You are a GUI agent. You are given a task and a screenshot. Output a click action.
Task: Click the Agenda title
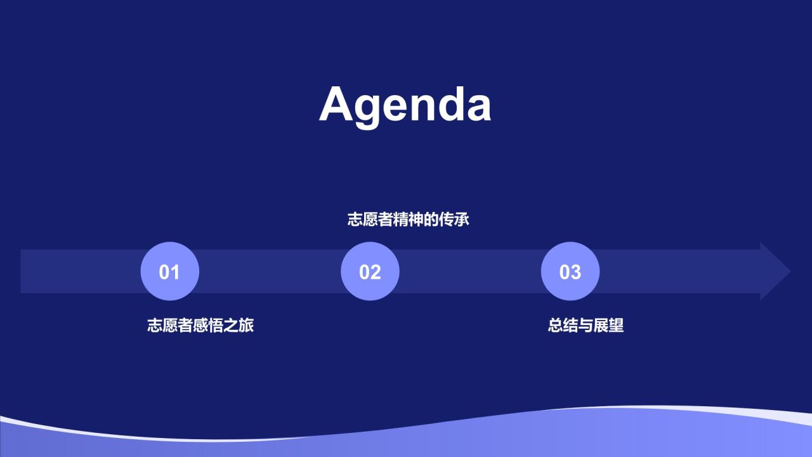pyautogui.click(x=405, y=105)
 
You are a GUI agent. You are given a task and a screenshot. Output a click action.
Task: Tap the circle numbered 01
pyautogui.click(x=169, y=271)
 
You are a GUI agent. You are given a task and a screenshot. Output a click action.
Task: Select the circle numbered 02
pyautogui.click(x=370, y=271)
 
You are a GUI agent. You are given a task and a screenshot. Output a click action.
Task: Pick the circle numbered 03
pyautogui.click(x=570, y=271)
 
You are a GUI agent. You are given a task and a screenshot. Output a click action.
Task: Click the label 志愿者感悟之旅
pyautogui.click(x=200, y=325)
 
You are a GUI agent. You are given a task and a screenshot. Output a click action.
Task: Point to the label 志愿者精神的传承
pyautogui.click(x=408, y=220)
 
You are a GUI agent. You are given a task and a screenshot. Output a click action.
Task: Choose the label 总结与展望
pyautogui.click(x=586, y=325)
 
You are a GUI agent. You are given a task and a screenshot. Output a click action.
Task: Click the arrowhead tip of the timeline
pyautogui.click(x=790, y=271)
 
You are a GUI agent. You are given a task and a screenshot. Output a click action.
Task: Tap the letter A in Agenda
pyautogui.click(x=336, y=104)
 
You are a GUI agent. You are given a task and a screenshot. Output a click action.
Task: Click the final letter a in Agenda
pyautogui.click(x=479, y=109)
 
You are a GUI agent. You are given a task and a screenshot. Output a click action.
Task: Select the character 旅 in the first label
pyautogui.click(x=247, y=325)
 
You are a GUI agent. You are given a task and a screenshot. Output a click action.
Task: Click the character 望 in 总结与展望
pyautogui.click(x=617, y=325)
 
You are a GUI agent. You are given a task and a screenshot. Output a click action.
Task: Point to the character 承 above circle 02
pyautogui.click(x=462, y=220)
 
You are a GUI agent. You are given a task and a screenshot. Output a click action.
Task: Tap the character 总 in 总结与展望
pyautogui.click(x=555, y=325)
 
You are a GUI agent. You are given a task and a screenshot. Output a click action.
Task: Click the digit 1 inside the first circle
pyautogui.click(x=174, y=272)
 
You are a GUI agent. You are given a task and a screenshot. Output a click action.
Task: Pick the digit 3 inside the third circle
pyautogui.click(x=576, y=272)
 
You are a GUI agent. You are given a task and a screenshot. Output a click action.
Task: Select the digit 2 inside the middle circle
pyautogui.click(x=376, y=272)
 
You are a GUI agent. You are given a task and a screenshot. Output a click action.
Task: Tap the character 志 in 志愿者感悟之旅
pyautogui.click(x=155, y=325)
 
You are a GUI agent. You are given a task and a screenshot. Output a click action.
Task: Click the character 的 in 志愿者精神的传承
pyautogui.click(x=431, y=220)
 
